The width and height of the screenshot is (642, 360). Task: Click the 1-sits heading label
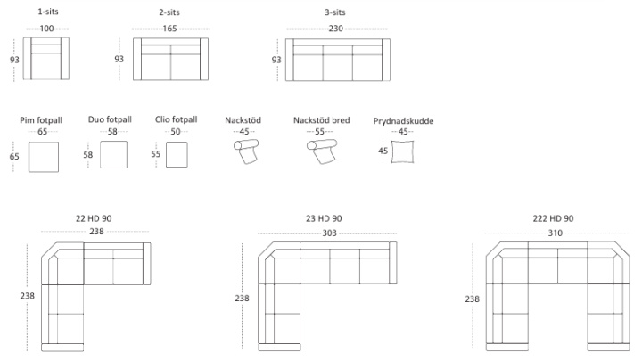pos(48,12)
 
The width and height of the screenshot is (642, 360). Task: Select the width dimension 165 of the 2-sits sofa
pos(169,29)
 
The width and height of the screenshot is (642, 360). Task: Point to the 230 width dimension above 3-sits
pos(336,29)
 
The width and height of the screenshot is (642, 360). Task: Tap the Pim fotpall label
pos(41,120)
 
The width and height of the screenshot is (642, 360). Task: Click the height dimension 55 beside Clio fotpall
pos(155,154)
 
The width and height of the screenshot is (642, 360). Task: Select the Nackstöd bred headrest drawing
pos(322,151)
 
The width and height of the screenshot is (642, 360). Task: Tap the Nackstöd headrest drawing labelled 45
pos(246,151)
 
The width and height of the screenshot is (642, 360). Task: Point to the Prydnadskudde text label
pos(403,121)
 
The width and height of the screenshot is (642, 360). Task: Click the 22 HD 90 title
pos(94,218)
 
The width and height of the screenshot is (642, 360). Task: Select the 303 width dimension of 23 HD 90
pos(329,233)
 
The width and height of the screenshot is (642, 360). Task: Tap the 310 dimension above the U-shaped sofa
pos(556,233)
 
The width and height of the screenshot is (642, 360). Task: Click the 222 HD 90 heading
pos(553,218)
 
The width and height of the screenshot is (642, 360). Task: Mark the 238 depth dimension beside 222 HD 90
pos(472,299)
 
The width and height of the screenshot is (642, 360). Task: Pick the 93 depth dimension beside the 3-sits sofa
pos(276,60)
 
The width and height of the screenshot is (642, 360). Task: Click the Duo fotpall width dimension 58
pos(112,131)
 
